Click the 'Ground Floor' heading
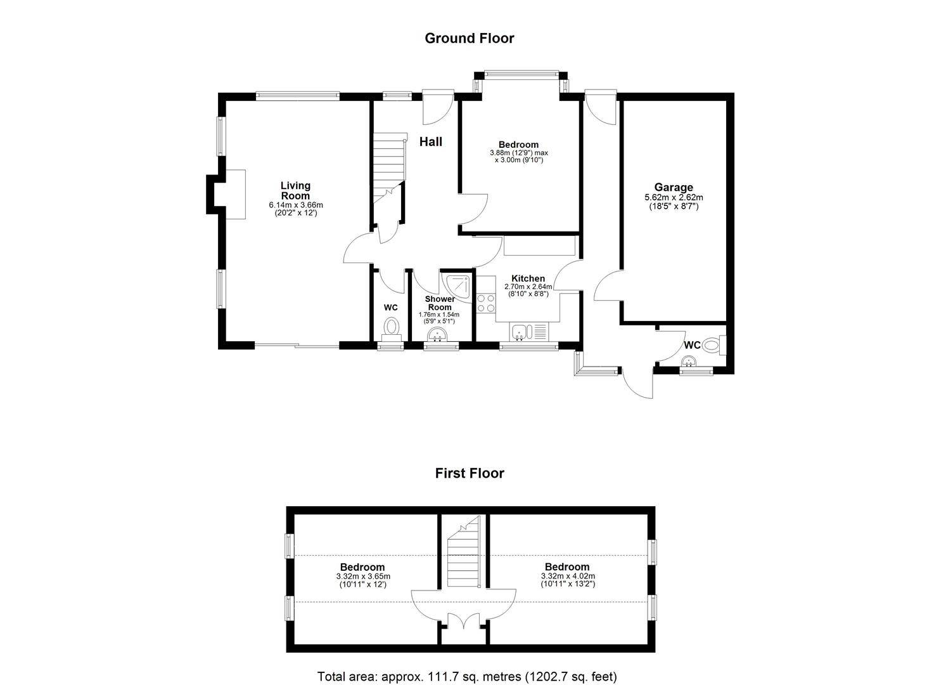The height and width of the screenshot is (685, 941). (470, 38)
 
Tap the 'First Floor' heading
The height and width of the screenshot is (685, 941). (470, 474)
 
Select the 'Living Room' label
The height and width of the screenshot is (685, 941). (296, 190)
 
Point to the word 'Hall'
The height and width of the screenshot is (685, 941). (431, 141)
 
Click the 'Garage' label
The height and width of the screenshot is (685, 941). (674, 187)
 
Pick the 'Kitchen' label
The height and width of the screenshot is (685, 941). (528, 278)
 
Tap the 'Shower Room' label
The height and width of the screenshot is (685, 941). (440, 303)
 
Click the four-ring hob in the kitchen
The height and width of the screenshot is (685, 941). (486, 303)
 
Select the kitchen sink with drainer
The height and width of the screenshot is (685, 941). (529, 332)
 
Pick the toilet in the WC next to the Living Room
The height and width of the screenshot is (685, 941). (391, 329)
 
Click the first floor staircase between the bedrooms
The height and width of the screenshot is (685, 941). (463, 551)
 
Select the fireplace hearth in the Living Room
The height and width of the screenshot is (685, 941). (235, 194)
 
